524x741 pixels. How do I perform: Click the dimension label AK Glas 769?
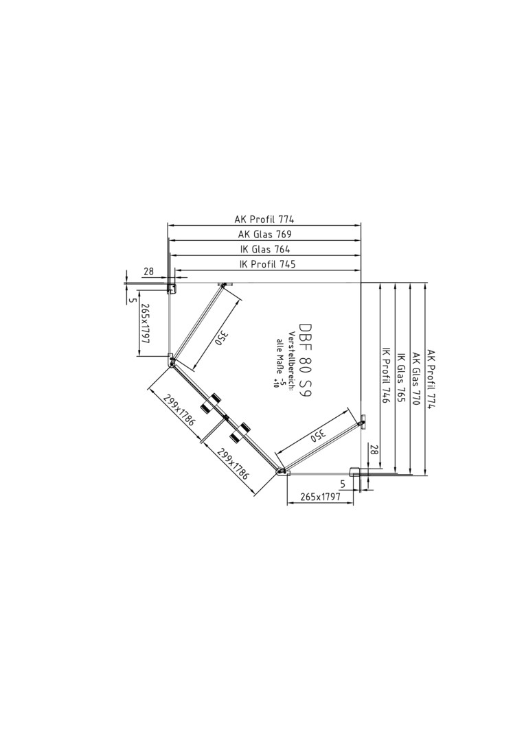[265, 234]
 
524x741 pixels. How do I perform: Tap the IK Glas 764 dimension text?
[265, 249]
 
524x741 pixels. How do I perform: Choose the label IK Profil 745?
[268, 264]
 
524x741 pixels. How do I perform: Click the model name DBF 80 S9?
[306, 362]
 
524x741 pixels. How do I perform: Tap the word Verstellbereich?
[293, 360]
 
